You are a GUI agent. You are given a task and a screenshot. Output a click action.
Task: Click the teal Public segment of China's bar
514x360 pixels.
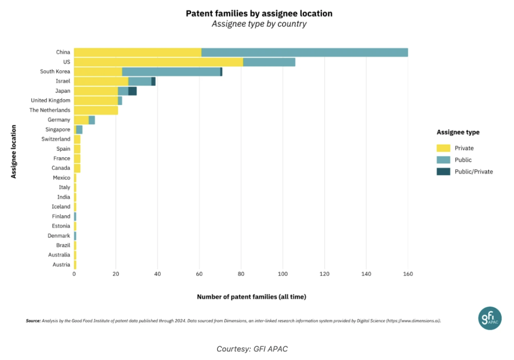click(x=305, y=52)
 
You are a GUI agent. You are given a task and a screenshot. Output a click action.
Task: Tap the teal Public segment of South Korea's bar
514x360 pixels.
click(x=171, y=72)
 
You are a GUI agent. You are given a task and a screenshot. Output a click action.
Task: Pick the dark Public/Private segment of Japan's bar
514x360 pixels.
click(x=132, y=91)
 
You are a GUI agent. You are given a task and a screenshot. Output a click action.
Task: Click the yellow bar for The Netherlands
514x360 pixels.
click(x=96, y=110)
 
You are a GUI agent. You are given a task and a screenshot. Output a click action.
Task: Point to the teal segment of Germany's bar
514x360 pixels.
click(x=92, y=120)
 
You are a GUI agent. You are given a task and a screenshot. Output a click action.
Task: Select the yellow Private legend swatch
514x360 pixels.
click(x=443, y=148)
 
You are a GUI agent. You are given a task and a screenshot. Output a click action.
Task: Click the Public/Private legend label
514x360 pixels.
click(x=474, y=172)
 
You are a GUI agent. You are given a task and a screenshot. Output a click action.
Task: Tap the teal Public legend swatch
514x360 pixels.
click(x=443, y=160)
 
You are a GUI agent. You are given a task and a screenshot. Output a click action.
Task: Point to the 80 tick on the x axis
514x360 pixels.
click(x=241, y=274)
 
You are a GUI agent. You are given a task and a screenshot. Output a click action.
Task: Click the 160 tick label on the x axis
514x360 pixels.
click(x=408, y=274)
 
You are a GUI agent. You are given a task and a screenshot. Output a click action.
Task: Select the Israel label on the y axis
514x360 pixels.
click(x=63, y=81)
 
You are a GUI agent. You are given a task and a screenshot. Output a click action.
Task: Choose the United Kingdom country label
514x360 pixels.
click(x=50, y=100)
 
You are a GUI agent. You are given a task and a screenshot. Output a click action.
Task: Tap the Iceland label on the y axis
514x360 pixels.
click(x=61, y=207)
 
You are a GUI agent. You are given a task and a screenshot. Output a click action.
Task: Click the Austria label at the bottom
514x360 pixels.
click(x=61, y=265)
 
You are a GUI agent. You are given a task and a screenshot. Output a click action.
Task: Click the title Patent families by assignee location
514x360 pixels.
click(x=259, y=13)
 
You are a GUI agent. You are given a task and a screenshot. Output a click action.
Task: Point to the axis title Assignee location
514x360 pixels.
click(x=14, y=152)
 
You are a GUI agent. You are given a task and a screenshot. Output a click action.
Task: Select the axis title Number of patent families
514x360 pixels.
click(x=251, y=297)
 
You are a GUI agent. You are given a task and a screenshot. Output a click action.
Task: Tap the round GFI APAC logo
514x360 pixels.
click(x=490, y=318)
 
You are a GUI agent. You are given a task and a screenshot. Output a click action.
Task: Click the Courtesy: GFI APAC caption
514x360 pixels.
click(x=252, y=349)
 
